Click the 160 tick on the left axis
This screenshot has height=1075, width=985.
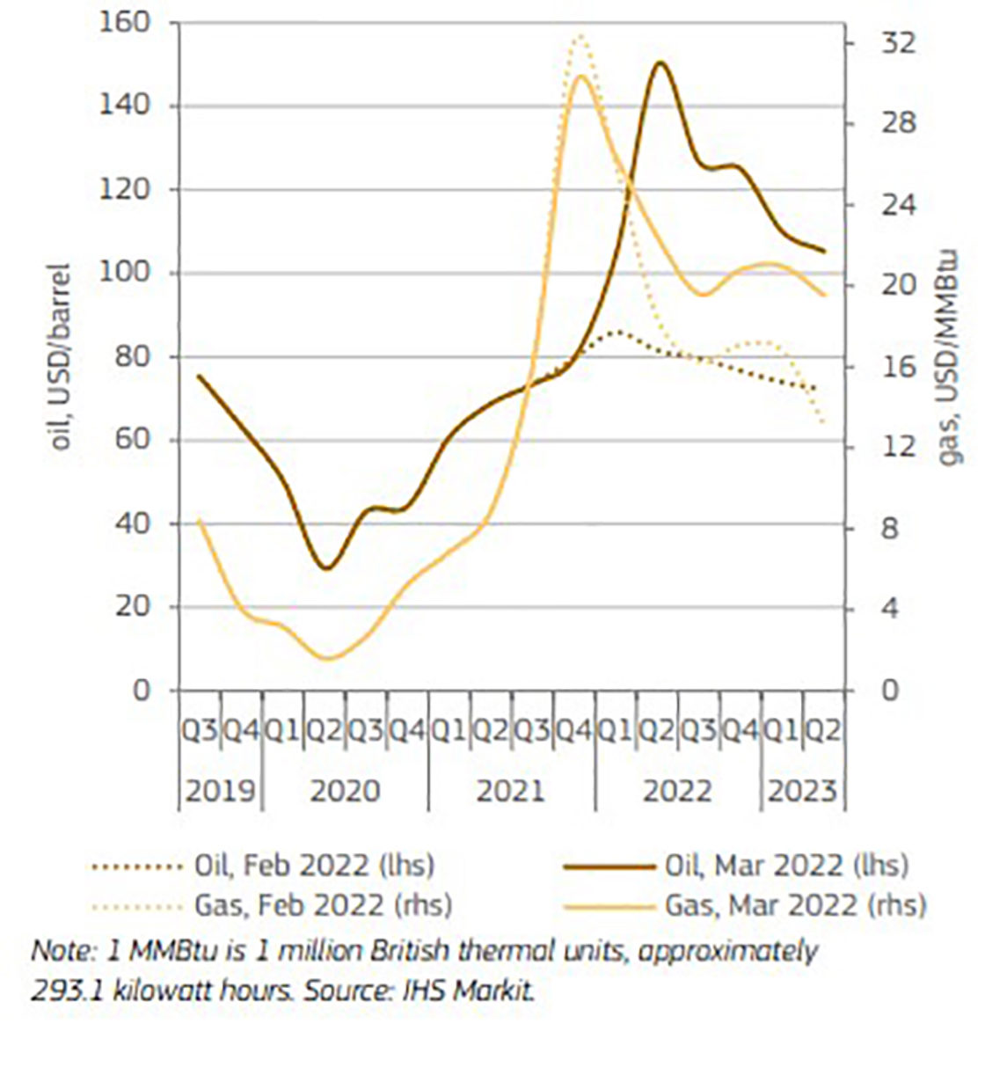point(129,23)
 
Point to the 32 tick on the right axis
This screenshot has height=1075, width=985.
point(897,42)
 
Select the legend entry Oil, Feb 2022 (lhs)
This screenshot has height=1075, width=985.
point(314,866)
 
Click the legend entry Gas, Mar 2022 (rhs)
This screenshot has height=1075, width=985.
point(795,904)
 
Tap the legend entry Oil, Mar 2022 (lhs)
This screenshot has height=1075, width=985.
point(786,866)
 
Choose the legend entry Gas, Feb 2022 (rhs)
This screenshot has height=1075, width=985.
point(322,904)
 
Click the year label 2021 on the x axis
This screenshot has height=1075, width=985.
point(510,791)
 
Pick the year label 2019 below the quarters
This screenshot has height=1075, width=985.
point(220,791)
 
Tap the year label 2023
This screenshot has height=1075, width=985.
point(802,791)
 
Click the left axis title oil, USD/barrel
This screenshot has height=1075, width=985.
point(61,356)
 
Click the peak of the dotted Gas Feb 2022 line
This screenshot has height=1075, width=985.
point(580,35)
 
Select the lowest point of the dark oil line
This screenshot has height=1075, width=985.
point(327,568)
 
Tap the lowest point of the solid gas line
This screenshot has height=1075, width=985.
point(328,658)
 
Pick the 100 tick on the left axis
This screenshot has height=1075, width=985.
point(129,274)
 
